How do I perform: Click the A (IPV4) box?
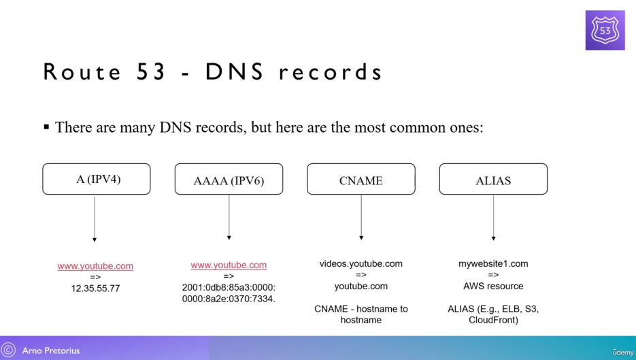96,180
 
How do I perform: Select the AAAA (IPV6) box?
229,180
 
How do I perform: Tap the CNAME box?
361,180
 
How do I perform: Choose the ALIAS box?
493,180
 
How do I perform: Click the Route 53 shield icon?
605,30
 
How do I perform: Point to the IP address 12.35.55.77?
95,289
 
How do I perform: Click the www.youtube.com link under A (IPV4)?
95,266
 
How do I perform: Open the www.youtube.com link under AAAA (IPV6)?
229,265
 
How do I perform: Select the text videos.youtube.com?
361,263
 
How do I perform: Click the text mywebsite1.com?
493,263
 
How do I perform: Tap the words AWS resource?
493,286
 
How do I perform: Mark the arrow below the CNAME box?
361,217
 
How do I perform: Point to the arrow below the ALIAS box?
493,217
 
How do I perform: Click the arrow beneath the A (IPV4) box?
95,218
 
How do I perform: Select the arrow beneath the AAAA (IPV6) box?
229,217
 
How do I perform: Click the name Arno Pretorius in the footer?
51,351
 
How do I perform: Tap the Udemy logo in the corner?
622,352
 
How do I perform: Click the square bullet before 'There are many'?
46,127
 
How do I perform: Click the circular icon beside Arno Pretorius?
9,350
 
